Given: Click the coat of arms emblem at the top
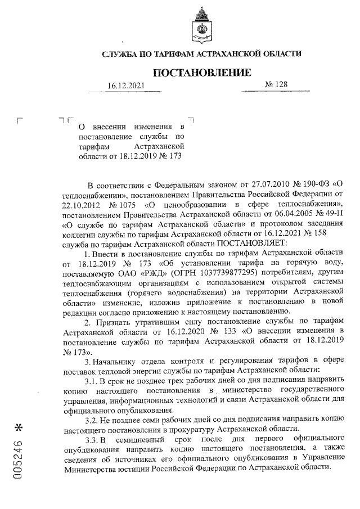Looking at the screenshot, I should pos(201,25).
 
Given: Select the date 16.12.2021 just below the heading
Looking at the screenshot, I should pos(127,85).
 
